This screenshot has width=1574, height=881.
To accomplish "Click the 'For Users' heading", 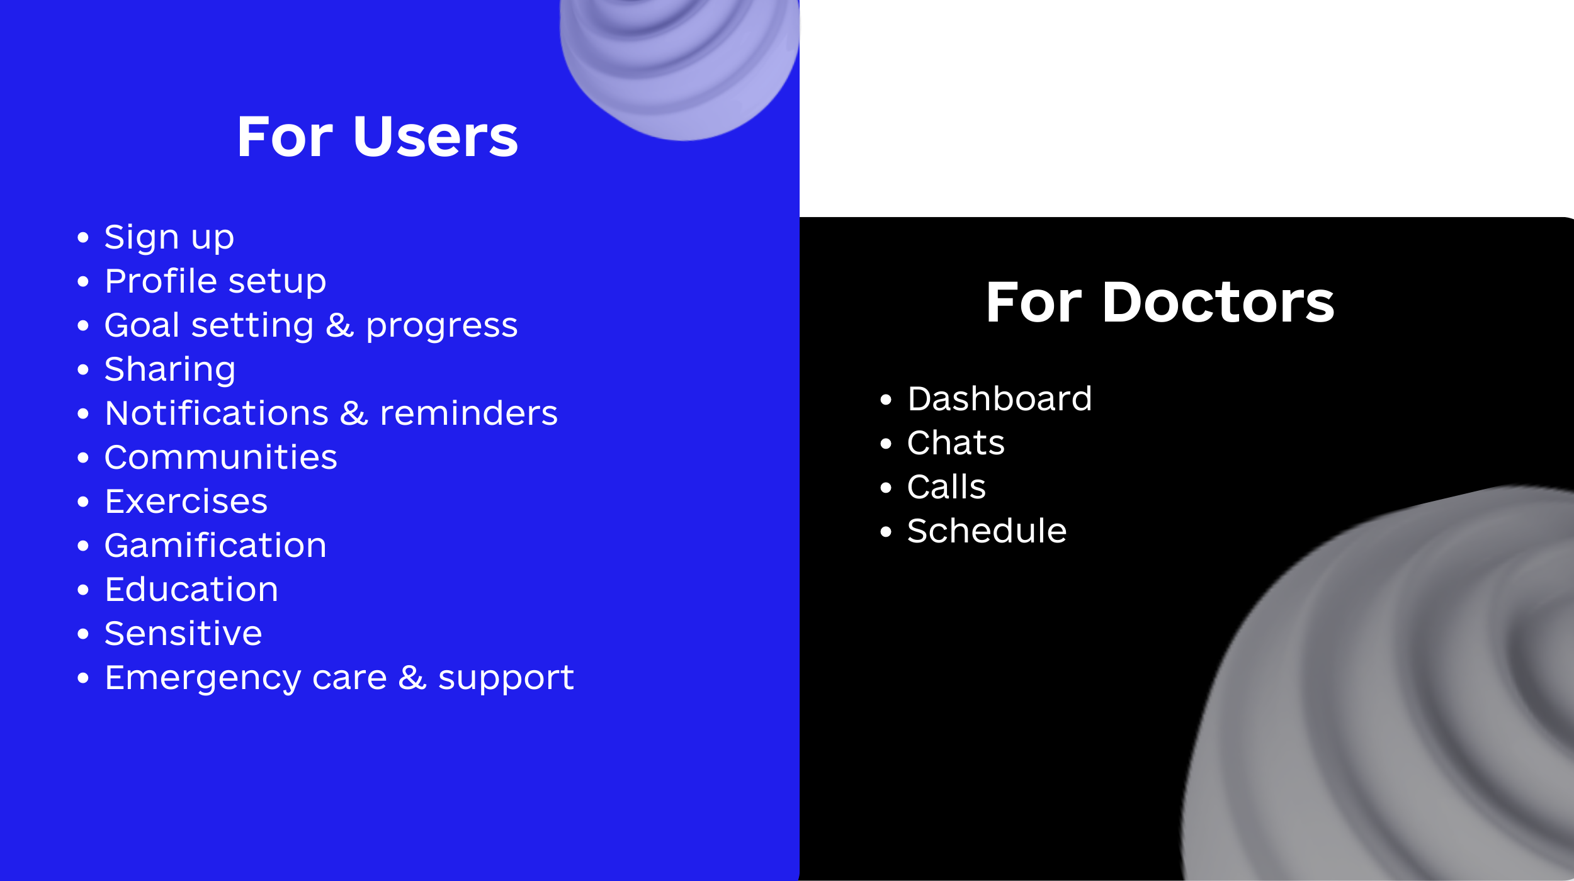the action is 377,137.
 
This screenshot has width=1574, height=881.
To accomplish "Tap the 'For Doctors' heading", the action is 1160,303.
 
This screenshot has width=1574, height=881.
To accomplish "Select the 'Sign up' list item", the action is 169,238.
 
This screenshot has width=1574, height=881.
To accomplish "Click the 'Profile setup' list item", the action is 215,281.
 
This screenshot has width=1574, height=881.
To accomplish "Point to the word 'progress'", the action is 441,327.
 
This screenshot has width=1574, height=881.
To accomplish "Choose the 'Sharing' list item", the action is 170,370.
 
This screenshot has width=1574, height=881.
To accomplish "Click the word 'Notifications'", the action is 217,413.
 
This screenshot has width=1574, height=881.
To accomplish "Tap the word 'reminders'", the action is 468,413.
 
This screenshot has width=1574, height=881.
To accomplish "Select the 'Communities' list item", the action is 221,457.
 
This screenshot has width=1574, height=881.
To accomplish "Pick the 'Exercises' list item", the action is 186,502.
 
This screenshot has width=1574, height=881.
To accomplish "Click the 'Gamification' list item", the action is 215,546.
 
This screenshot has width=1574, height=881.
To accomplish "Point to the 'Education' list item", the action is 191,590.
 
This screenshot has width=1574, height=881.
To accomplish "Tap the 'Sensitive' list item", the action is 183,634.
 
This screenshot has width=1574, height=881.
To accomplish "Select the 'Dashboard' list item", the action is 1000,399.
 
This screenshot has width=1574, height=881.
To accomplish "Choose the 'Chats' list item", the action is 956,443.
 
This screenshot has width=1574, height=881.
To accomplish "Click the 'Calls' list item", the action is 946,487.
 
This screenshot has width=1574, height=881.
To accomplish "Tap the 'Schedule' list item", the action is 987,531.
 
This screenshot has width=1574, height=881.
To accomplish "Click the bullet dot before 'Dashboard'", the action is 886,400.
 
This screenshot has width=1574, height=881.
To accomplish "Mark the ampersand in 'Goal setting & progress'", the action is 340,325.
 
